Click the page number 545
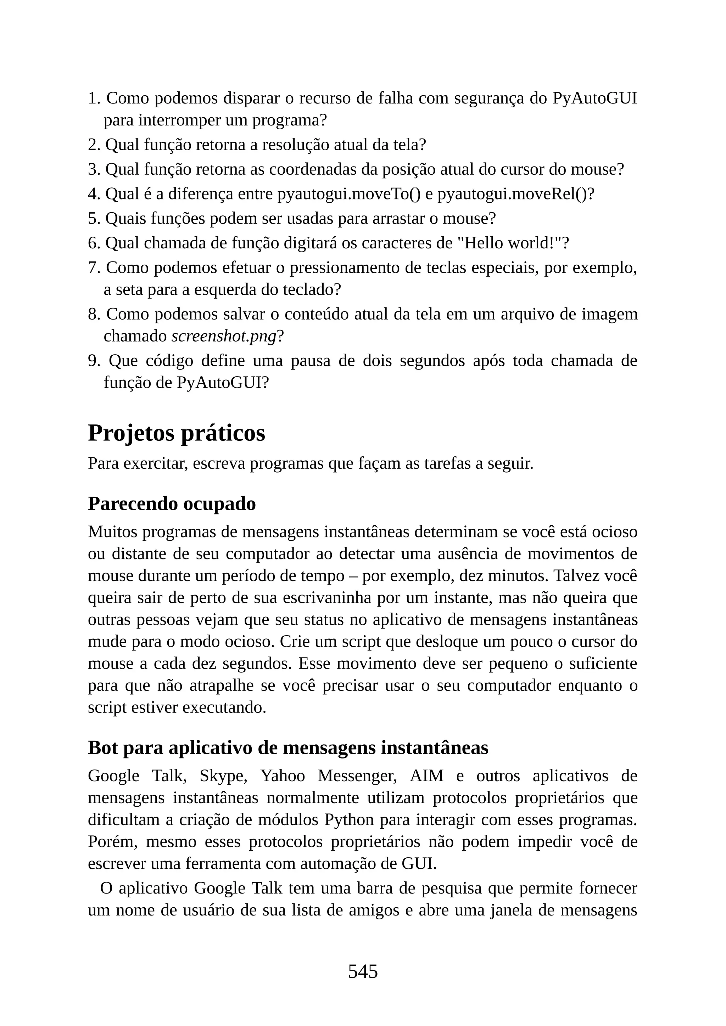pos(363,971)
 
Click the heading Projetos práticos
pos(177,433)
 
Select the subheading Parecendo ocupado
pos(172,504)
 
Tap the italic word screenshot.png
pos(224,336)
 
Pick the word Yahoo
pos(283,776)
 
